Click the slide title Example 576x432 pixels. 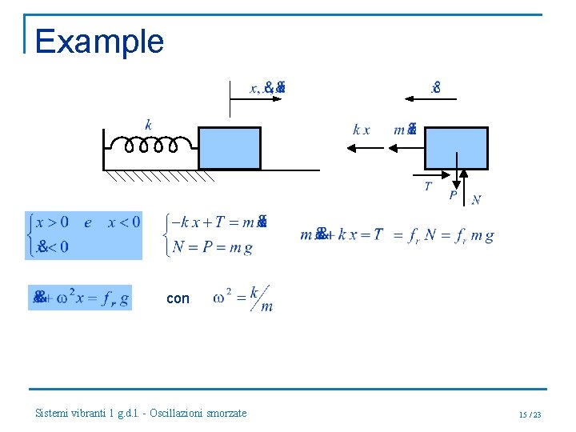(x=99, y=42)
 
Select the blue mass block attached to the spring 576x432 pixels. (x=230, y=148)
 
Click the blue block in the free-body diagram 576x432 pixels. (x=455, y=148)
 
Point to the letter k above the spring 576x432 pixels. (x=149, y=124)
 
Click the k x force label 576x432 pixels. (x=362, y=130)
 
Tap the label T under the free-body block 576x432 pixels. (x=428, y=186)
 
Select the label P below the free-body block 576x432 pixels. (x=453, y=194)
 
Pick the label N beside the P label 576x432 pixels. (x=476, y=200)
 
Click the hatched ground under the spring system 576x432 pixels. (x=160, y=176)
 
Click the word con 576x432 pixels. (x=178, y=298)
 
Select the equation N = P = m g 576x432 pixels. (x=213, y=248)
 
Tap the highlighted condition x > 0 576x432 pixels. (x=52, y=222)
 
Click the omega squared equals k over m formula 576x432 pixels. (x=243, y=298)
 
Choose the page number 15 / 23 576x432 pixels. (x=530, y=414)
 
